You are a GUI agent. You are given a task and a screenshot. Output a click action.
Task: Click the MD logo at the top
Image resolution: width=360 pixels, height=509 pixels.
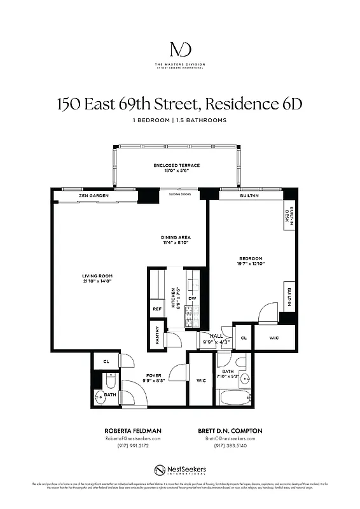pyautogui.click(x=180, y=49)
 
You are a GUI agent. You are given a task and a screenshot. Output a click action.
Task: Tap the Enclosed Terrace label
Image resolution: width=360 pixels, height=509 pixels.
pyautogui.click(x=176, y=165)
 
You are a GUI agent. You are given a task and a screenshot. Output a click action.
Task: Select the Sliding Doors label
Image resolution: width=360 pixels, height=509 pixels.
pyautogui.click(x=180, y=195)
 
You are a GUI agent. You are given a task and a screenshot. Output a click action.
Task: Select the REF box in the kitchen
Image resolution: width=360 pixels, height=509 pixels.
pyautogui.click(x=157, y=310)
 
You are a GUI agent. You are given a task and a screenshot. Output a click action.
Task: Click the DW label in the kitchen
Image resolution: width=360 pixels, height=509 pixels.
pyautogui.click(x=192, y=298)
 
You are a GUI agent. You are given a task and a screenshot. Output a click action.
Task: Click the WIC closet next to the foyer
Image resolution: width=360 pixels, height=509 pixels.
pyautogui.click(x=200, y=380)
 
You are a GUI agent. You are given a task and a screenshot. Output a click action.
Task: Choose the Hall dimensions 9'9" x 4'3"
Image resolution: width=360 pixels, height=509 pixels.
pyautogui.click(x=215, y=342)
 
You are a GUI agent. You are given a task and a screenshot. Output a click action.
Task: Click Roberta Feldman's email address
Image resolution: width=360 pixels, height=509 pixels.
pyautogui.click(x=133, y=438)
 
